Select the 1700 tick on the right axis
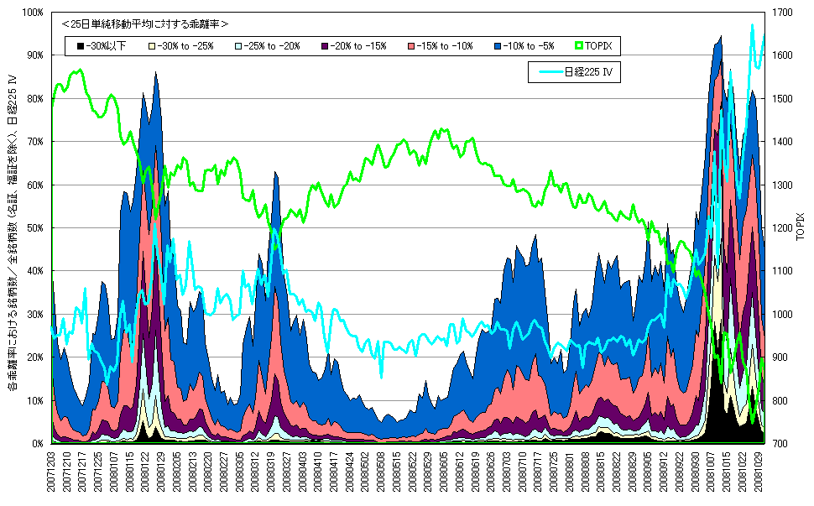(779, 13)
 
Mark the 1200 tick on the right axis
(779, 228)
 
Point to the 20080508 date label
(380, 475)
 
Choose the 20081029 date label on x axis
(759, 475)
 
